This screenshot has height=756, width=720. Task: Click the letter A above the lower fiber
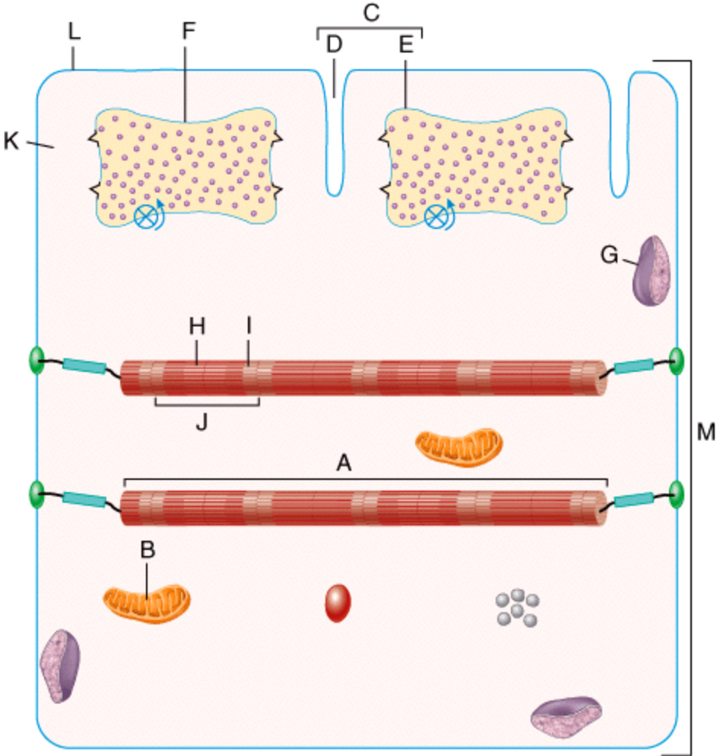coord(344,462)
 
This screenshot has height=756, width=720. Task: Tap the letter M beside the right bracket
coord(706,432)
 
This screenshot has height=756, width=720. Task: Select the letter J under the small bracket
coord(201,424)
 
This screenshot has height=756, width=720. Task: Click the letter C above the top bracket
coord(372,14)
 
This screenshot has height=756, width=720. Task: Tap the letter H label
coord(198,326)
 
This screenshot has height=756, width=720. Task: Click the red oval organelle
coord(338,603)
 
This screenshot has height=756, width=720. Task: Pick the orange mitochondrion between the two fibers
coord(458,446)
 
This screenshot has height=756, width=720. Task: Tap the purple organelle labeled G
coord(652,272)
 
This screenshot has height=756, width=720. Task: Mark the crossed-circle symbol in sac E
coord(435,217)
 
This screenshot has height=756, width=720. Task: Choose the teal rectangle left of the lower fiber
coord(84,500)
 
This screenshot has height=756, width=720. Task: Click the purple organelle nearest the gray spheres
coord(567,719)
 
